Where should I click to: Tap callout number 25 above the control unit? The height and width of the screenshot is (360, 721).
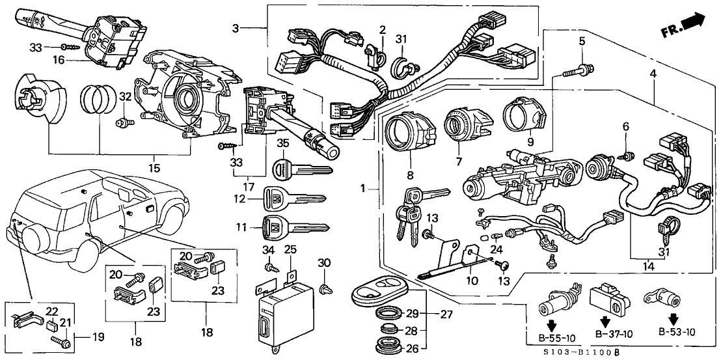point(290,249)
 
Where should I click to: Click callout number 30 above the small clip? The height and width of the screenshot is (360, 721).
point(324,262)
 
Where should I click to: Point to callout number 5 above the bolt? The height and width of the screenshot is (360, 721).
point(581,42)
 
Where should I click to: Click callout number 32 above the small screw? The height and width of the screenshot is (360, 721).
point(126,97)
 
